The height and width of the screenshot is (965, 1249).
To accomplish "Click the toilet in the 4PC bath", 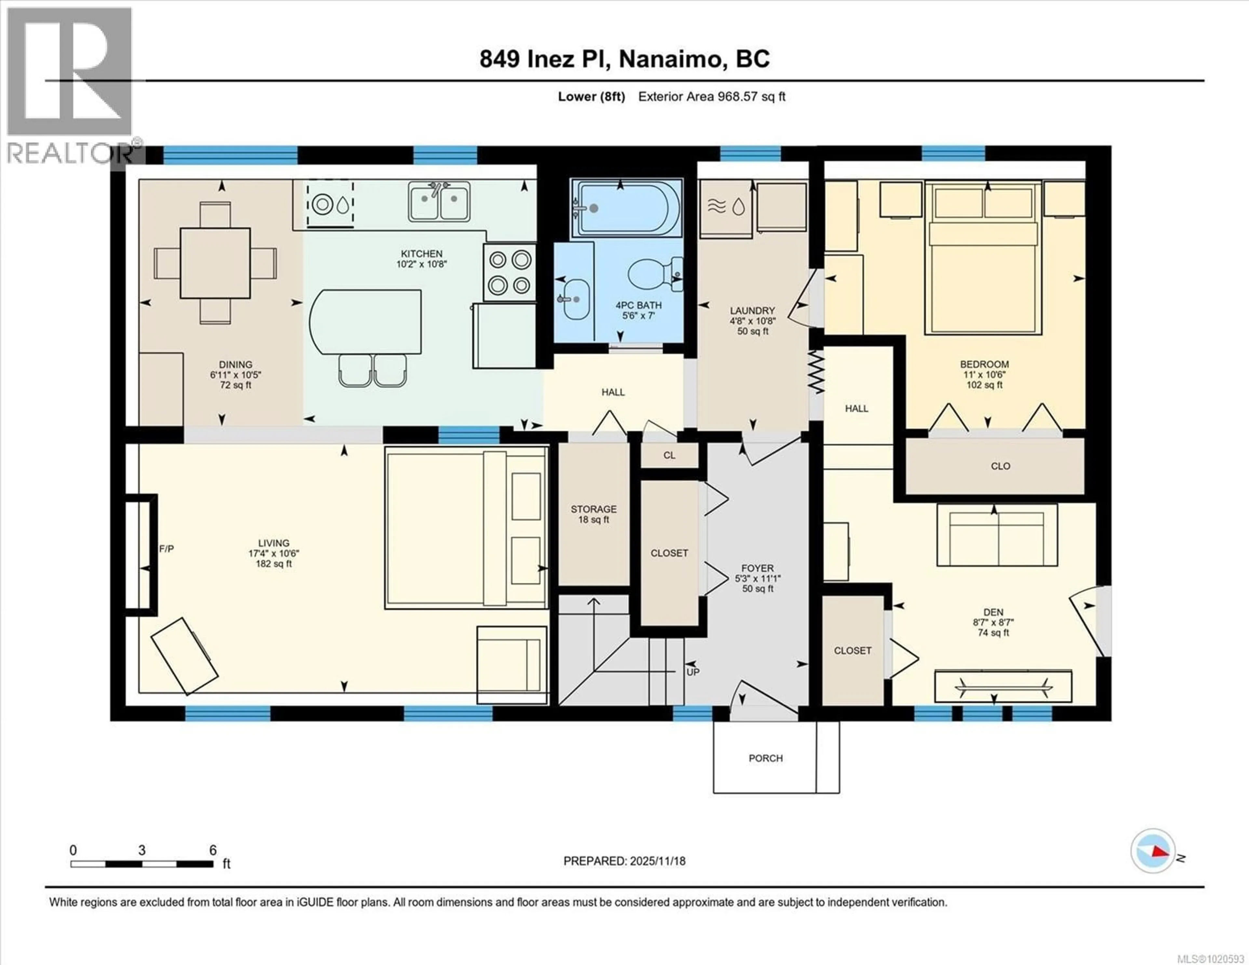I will (652, 276).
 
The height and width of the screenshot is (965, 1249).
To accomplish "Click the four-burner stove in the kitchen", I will (510, 272).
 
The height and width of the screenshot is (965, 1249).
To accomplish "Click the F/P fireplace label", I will (167, 549).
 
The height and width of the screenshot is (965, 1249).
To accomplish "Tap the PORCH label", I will (765, 758).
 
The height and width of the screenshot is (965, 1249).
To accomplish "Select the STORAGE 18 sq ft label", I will (594, 514).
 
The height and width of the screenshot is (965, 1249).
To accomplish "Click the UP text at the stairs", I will (692, 672).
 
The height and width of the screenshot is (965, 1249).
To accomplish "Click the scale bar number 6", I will (213, 850).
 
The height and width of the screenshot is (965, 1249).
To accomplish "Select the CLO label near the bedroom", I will (1000, 466).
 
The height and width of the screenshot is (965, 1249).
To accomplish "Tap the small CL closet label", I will (669, 455).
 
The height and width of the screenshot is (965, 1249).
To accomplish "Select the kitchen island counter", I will (366, 321).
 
